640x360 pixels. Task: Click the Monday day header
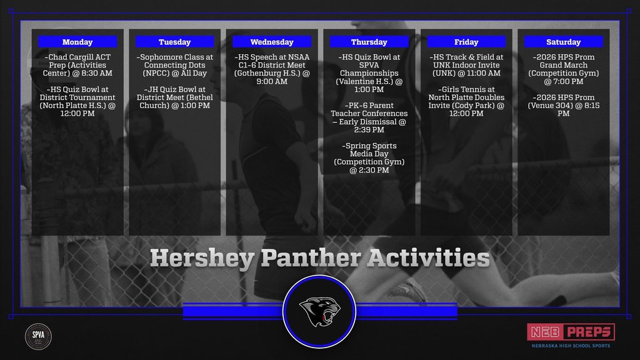pyautogui.click(x=77, y=42)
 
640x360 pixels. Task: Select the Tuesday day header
pyautogui.click(x=175, y=42)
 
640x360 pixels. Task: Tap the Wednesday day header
pyautogui.click(x=272, y=42)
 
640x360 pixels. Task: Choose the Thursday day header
pyautogui.click(x=369, y=42)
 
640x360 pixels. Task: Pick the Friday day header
pyautogui.click(x=466, y=42)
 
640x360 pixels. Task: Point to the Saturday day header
pyautogui.click(x=563, y=42)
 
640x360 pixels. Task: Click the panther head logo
pyautogui.click(x=320, y=311)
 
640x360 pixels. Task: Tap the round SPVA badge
pyautogui.click(x=38, y=336)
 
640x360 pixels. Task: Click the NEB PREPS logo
pyautogui.click(x=571, y=332)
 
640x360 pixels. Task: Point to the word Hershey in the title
pyautogui.click(x=202, y=259)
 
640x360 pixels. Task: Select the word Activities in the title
pyautogui.click(x=428, y=258)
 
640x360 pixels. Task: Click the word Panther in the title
pyautogui.click(x=311, y=258)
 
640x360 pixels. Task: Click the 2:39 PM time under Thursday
pyautogui.click(x=369, y=130)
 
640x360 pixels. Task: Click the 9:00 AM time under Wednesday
pyautogui.click(x=272, y=81)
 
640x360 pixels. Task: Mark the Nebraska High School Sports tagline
pyautogui.click(x=571, y=346)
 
